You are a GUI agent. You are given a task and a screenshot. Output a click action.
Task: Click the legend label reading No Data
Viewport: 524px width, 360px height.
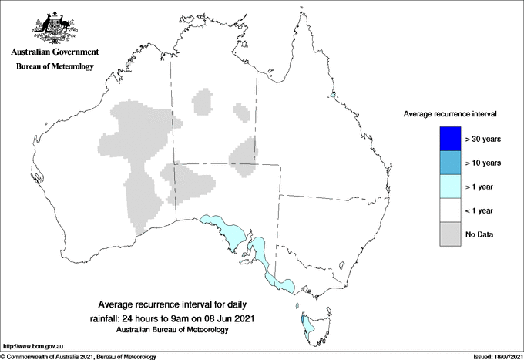pyautogui.click(x=479, y=234)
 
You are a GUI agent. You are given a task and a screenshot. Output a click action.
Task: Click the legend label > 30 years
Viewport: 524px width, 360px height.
pyautogui.click(x=484, y=139)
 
